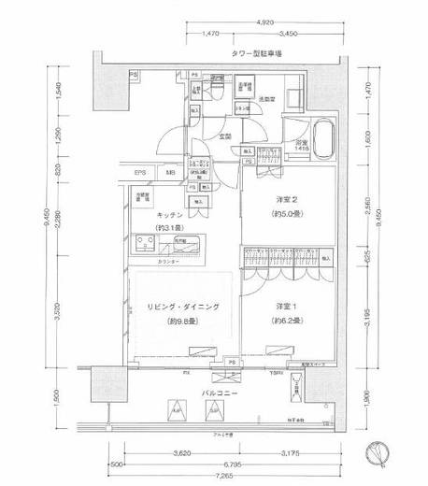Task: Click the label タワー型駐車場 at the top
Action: (261, 55)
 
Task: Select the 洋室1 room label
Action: (287, 307)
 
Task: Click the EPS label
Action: (139, 174)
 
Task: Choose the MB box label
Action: (170, 174)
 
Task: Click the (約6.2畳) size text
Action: (287, 321)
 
